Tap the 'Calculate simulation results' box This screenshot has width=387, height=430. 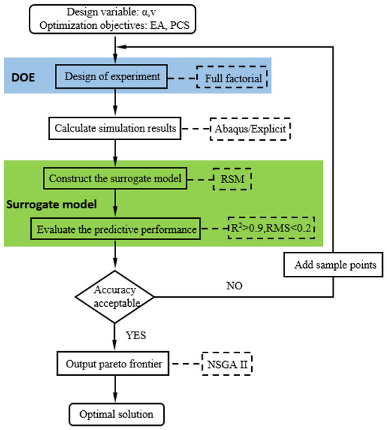click(115, 129)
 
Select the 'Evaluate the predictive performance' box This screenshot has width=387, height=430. click(115, 229)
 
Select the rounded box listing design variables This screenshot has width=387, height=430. click(115, 18)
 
